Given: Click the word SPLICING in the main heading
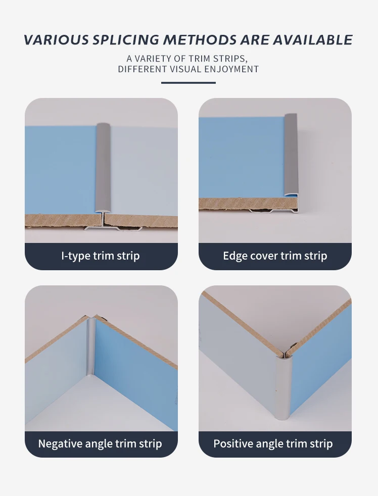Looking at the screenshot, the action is pos(126,40).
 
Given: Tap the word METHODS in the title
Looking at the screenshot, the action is pos(200,40).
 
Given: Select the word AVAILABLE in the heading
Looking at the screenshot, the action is pos(312,40).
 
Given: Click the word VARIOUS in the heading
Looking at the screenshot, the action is pos(57,40).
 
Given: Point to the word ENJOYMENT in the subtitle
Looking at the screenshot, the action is pos(232,69).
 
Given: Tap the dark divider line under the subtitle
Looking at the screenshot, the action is pos(188,83).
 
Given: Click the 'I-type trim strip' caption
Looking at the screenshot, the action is pos(101,256).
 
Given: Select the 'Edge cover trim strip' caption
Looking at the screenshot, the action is pos(275,256).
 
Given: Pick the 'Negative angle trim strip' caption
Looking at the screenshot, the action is pos(100,443).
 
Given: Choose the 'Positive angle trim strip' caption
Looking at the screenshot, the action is pos(273,443).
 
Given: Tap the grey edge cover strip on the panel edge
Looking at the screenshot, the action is pos(291,155).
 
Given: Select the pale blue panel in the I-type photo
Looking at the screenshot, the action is pos(144,171).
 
